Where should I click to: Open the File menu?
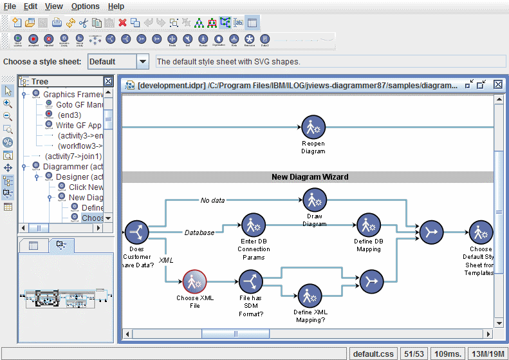click(10, 6)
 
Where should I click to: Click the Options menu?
click(85, 6)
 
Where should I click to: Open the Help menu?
click(116, 6)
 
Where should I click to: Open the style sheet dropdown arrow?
click(143, 62)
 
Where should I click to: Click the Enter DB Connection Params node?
click(254, 225)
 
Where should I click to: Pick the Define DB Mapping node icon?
click(368, 225)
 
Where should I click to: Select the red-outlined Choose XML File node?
click(194, 281)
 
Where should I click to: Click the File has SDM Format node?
click(250, 281)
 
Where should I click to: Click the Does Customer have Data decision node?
click(137, 231)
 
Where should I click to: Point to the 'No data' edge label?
click(212, 200)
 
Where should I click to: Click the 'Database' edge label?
click(199, 232)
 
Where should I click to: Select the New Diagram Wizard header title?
click(310, 177)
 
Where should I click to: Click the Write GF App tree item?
click(79, 126)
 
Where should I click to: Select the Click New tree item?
click(86, 187)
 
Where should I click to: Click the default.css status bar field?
click(373, 354)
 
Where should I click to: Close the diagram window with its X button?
click(497, 84)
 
